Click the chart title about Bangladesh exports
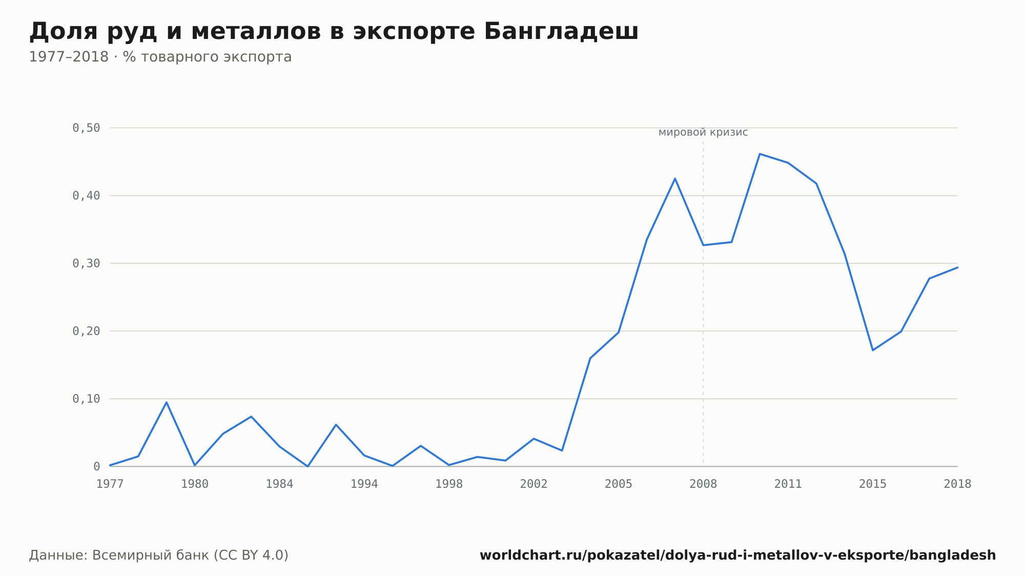334,31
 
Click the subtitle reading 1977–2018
160,57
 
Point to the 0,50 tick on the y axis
86,128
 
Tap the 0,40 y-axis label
86,195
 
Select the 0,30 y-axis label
86,263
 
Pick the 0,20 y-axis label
86,331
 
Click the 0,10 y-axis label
86,399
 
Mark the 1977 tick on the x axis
110,484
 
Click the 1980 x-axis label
195,484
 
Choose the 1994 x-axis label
364,484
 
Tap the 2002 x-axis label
534,484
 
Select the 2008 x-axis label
703,484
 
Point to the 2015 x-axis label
873,484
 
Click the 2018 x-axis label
957,484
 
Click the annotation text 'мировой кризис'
703,133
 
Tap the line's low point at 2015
873,350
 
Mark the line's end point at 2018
957,267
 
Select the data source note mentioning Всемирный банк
159,555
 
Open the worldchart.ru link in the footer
737,555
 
